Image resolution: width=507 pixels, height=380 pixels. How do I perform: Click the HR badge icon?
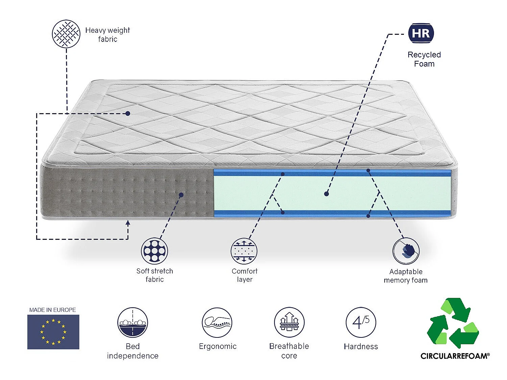(421, 33)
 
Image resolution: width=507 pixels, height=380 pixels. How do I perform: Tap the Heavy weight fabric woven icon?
(66, 34)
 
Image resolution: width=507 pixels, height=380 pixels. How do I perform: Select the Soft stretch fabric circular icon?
(154, 251)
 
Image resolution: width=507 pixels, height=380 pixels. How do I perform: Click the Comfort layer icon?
(244, 251)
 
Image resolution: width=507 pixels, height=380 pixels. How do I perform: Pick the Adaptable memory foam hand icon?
(406, 251)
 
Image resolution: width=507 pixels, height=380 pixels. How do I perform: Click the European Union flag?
(53, 332)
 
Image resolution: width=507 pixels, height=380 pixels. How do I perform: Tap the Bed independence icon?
(132, 322)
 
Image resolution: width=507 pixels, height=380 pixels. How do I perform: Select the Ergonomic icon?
(217, 322)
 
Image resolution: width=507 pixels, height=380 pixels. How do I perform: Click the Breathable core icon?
(289, 322)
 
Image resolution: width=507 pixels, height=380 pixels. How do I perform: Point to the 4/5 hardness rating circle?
(361, 322)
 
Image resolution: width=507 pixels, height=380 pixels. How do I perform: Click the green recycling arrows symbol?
(453, 323)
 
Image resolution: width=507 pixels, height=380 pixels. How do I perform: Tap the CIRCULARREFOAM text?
(455, 356)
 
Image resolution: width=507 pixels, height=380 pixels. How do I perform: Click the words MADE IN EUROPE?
(52, 310)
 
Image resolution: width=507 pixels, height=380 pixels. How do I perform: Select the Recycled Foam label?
(424, 59)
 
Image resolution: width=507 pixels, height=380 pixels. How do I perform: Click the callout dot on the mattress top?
(128, 113)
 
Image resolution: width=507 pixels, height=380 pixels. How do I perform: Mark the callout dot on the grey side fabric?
(181, 195)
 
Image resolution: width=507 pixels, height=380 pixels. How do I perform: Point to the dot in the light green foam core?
(326, 194)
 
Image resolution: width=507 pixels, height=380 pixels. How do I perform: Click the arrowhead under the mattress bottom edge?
(128, 223)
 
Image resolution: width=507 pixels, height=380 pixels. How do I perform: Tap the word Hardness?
(361, 347)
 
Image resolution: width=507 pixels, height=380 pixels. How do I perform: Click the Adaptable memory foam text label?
(406, 276)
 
